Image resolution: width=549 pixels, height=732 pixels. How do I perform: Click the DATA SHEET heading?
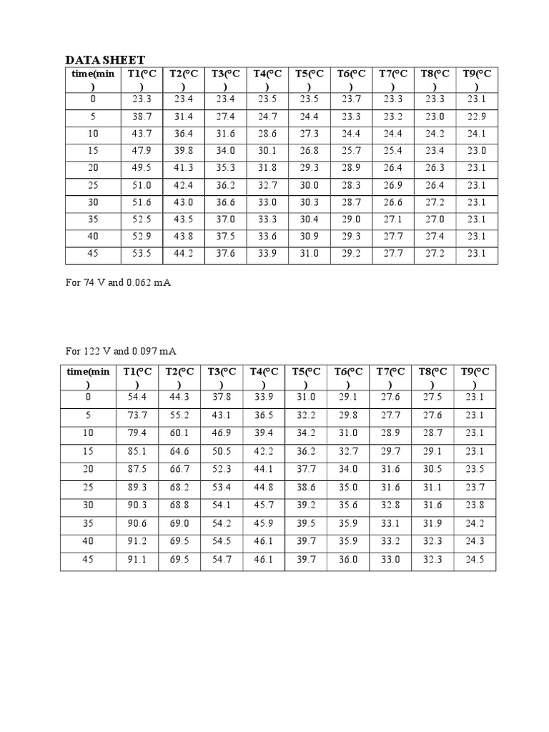105,60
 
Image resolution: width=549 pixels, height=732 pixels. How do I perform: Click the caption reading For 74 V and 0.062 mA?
119,283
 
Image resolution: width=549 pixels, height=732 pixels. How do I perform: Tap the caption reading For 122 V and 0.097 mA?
122,351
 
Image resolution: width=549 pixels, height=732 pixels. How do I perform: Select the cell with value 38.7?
142,117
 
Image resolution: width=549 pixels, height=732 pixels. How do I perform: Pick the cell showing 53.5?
142,254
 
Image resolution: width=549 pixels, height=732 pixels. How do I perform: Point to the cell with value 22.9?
476,117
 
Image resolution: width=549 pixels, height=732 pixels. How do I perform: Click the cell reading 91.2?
137,543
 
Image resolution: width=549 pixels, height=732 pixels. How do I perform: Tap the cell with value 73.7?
137,415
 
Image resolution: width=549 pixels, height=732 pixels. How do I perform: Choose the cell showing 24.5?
475,560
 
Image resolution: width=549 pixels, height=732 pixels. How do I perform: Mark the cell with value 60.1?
179,433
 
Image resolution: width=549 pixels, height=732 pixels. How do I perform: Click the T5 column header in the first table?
310,79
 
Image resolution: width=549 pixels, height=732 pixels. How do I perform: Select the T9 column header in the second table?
475,377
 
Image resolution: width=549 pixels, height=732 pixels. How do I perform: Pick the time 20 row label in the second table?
88,470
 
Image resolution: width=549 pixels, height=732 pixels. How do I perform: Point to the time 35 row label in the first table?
93,219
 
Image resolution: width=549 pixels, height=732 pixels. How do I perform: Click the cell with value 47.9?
142,151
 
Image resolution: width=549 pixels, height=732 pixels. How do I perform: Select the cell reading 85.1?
137,452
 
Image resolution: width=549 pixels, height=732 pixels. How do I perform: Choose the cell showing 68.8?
179,506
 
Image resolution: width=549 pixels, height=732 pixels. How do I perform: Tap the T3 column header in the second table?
222,377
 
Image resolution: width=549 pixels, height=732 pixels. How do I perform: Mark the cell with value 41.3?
184,168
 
